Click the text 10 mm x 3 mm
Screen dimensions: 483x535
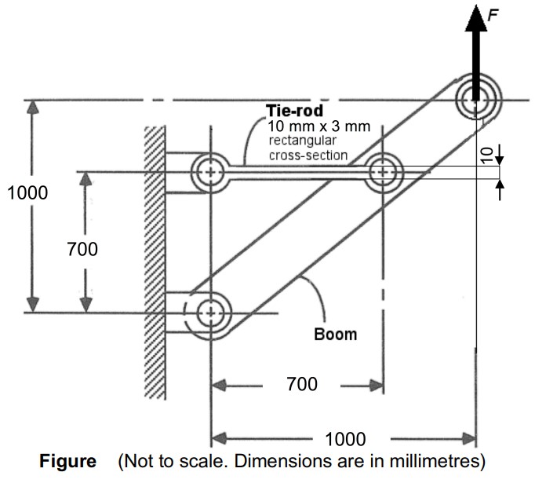pos(318,126)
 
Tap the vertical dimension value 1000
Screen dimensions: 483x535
pos(26,192)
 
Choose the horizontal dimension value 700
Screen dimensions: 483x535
pos(301,384)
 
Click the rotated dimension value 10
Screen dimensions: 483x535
pos(486,155)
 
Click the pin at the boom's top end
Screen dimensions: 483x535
pos(475,98)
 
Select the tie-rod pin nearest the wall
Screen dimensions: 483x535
pos(210,171)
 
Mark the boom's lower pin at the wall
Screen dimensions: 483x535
pos(209,313)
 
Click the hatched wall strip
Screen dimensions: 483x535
pos(155,259)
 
